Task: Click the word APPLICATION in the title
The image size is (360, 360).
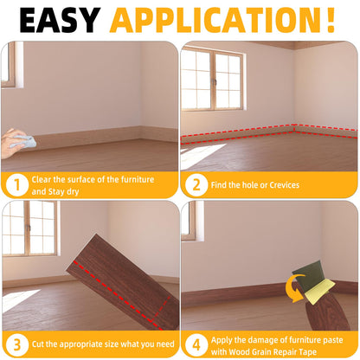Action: pos(215,19)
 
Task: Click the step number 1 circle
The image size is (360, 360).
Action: pos(15,183)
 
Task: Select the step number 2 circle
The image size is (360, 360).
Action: pos(196,183)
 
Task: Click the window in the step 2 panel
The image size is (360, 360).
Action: pos(210,80)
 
